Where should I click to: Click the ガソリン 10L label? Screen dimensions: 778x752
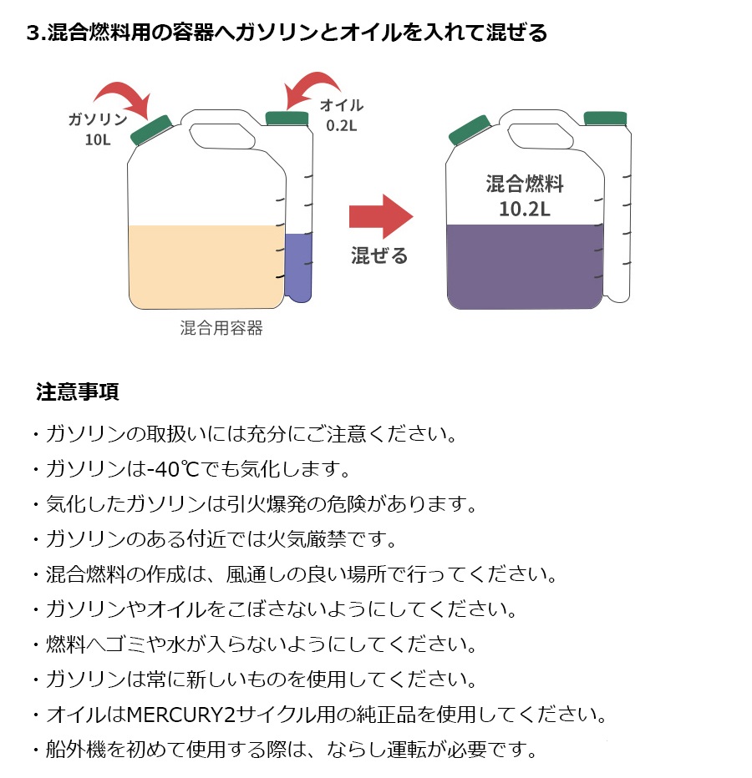point(98,129)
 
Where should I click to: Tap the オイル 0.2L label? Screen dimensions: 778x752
point(343,114)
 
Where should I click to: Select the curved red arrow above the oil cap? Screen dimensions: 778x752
point(313,86)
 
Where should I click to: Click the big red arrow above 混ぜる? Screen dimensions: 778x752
point(381,216)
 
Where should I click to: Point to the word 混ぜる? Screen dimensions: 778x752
point(379,255)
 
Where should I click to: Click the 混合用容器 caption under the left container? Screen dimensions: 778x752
point(221,328)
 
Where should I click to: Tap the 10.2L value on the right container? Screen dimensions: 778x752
point(525,209)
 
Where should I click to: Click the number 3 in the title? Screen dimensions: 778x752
point(33,33)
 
